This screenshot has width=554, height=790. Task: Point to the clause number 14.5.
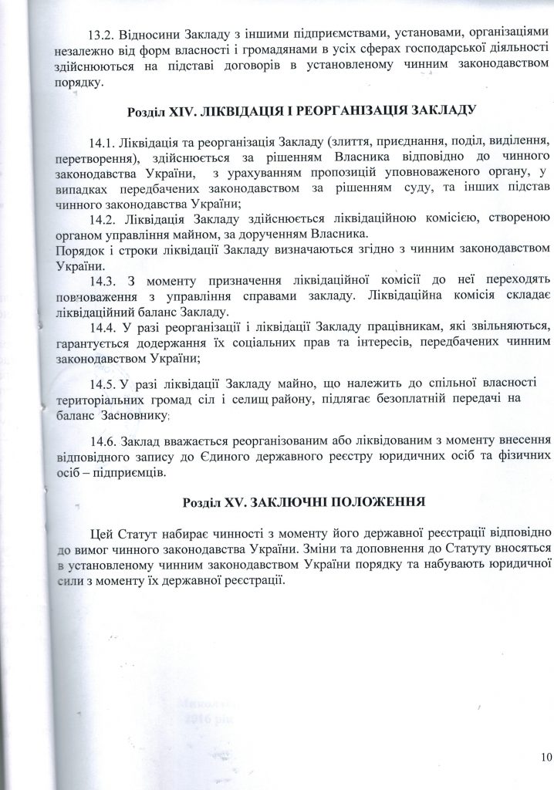[x=103, y=383]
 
